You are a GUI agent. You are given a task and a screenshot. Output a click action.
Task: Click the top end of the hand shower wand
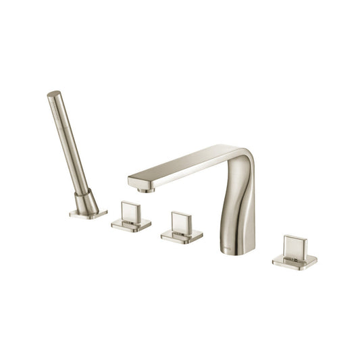53,95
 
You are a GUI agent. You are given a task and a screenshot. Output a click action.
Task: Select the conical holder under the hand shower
86,202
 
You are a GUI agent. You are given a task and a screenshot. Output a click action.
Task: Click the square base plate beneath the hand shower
88,214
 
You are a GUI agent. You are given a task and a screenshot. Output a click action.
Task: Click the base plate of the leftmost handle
131,226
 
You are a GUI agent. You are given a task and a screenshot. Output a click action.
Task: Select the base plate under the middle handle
182,236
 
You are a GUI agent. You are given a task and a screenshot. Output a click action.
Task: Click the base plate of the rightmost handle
295,261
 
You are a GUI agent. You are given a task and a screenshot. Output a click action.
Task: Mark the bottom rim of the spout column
239,252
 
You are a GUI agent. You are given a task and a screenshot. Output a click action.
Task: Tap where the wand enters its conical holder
82,192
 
